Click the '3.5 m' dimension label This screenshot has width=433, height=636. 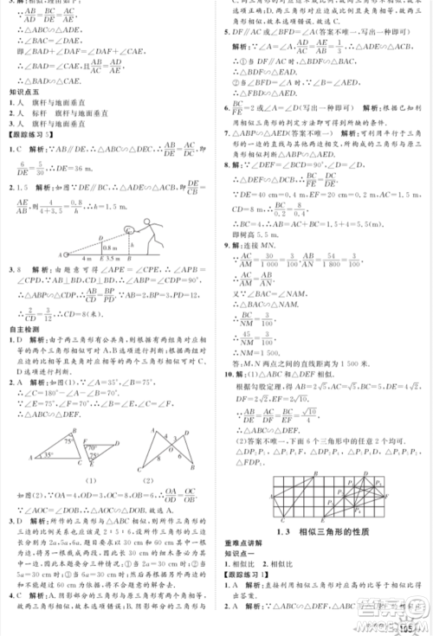point(113,260)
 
